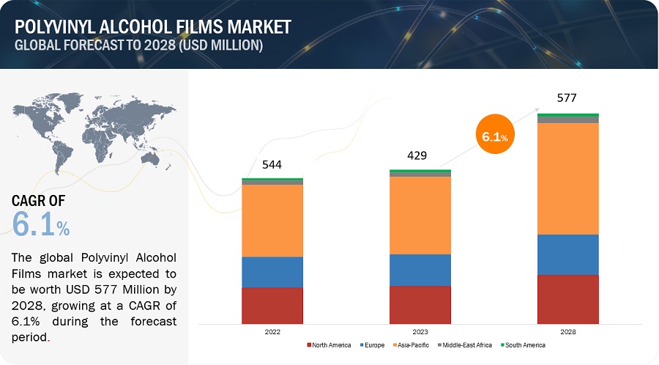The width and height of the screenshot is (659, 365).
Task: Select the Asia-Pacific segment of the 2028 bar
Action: [567, 178]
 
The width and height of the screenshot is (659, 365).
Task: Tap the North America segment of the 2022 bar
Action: [272, 305]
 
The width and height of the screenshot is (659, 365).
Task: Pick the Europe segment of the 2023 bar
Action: [420, 270]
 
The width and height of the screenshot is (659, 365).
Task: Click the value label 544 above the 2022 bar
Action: [272, 165]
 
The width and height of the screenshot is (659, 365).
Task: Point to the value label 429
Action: [417, 155]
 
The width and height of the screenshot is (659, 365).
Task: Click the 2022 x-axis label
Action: [272, 332]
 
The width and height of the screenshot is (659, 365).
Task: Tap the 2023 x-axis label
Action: [420, 332]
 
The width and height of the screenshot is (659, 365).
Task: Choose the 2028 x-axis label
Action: [567, 332]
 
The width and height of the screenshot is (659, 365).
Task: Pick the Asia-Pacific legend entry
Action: [415, 344]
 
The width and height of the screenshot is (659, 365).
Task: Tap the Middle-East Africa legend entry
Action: [466, 344]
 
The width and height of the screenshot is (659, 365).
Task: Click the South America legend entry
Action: [524, 344]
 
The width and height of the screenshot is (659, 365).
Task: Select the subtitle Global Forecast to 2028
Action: [138, 45]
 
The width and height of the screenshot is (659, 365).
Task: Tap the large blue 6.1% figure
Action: [41, 225]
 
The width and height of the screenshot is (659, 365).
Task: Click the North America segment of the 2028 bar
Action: [567, 299]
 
